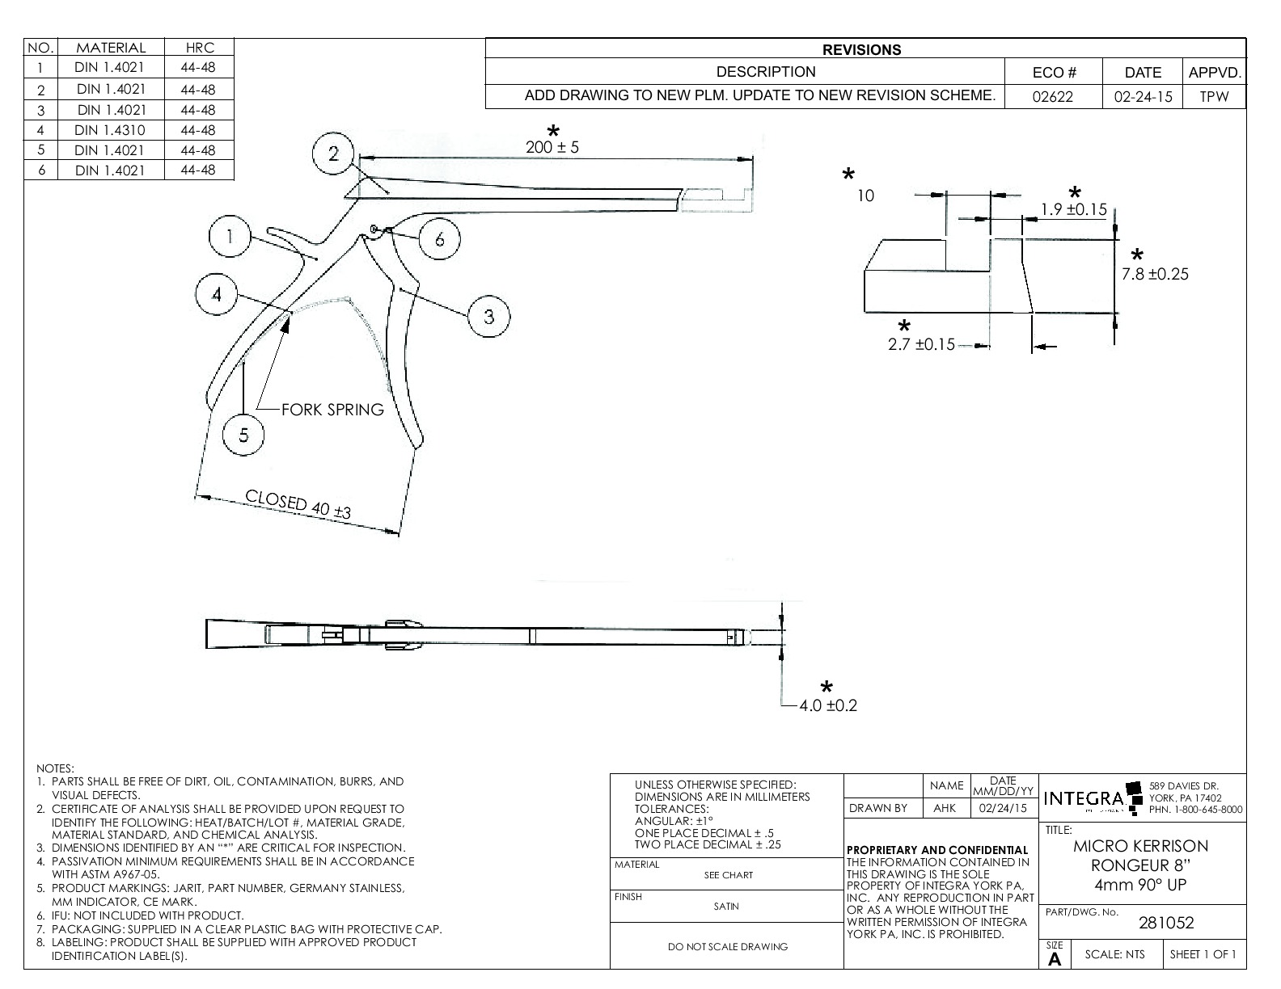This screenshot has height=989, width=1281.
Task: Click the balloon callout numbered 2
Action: (334, 154)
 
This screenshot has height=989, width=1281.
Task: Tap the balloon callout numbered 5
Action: (244, 435)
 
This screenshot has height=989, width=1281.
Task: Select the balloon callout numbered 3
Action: (489, 316)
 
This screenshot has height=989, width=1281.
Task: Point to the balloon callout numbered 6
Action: (439, 239)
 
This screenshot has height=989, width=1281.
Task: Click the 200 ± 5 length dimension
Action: (552, 147)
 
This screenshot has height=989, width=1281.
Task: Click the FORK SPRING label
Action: (332, 410)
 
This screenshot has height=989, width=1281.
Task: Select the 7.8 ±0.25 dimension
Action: (1155, 274)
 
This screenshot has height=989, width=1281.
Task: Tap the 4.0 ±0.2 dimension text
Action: (827, 705)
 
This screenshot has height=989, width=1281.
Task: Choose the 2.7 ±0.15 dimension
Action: (921, 345)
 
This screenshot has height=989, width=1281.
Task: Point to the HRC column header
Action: (198, 48)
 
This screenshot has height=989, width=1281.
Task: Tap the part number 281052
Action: (1165, 923)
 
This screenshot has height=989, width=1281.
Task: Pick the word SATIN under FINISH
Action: (726, 907)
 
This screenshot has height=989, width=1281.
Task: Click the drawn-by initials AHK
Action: (945, 808)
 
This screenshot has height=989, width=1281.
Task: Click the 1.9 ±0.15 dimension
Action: (1073, 210)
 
